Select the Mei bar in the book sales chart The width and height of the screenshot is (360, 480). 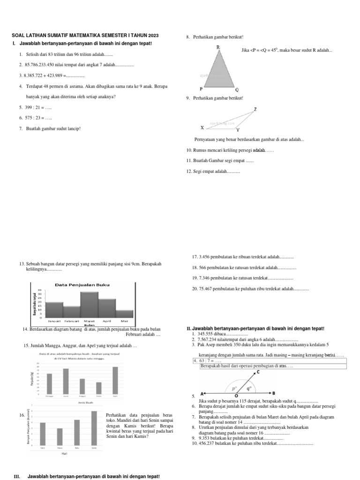click(x=125, y=314)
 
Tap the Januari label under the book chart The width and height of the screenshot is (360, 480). click(x=55, y=321)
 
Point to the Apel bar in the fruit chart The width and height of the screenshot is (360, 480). click(x=115, y=380)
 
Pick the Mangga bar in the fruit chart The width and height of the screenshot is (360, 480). click(x=49, y=384)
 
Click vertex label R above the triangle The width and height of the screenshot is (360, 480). click(x=218, y=47)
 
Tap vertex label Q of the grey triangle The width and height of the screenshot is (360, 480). click(x=237, y=89)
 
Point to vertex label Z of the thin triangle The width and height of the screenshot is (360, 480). click(x=255, y=109)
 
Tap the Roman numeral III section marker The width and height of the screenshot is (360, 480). click(x=17, y=476)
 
